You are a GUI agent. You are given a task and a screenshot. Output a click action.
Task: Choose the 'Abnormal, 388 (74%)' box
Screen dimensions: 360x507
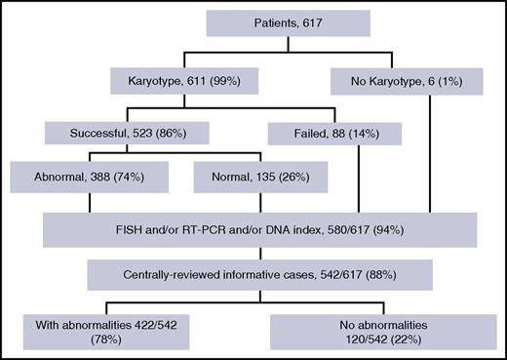87,180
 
